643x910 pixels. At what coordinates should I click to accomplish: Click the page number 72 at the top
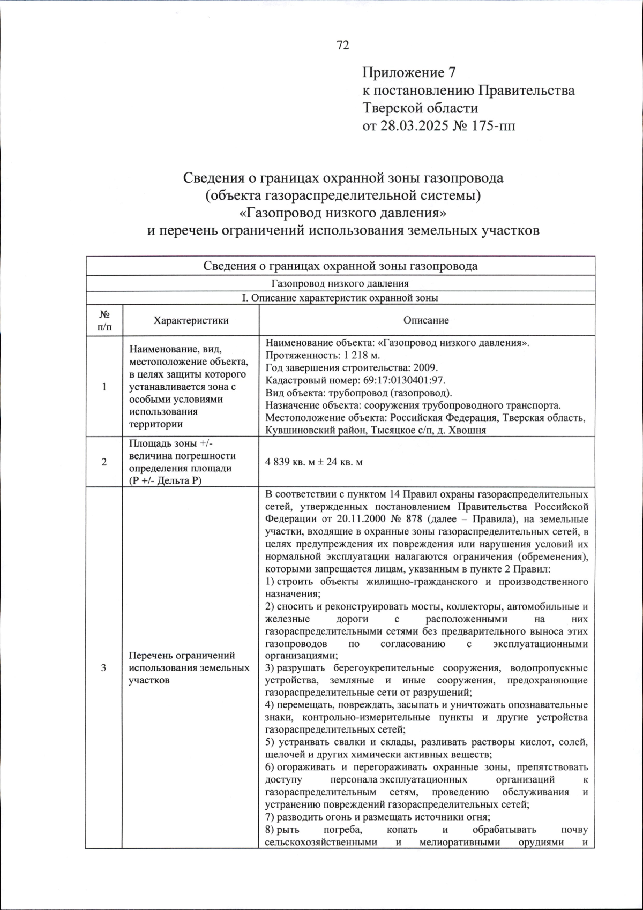pyautogui.click(x=343, y=45)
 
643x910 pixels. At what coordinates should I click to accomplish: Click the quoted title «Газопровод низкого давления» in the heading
pyautogui.click(x=342, y=213)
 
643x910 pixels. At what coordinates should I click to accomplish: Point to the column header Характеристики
pyautogui.click(x=191, y=320)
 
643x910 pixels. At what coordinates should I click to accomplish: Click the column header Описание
pyautogui.click(x=426, y=320)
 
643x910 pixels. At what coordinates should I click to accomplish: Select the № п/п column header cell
pyautogui.click(x=104, y=320)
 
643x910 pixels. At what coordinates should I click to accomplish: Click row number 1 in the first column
pyautogui.click(x=104, y=387)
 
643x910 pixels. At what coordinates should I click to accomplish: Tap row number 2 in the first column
pyautogui.click(x=104, y=462)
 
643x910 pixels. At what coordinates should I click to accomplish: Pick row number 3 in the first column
pyautogui.click(x=104, y=667)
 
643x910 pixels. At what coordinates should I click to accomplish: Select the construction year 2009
pyautogui.click(x=426, y=368)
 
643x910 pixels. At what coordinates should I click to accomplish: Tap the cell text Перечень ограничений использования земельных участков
pyautogui.click(x=189, y=667)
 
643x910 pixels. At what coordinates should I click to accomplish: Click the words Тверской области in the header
pyautogui.click(x=420, y=108)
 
